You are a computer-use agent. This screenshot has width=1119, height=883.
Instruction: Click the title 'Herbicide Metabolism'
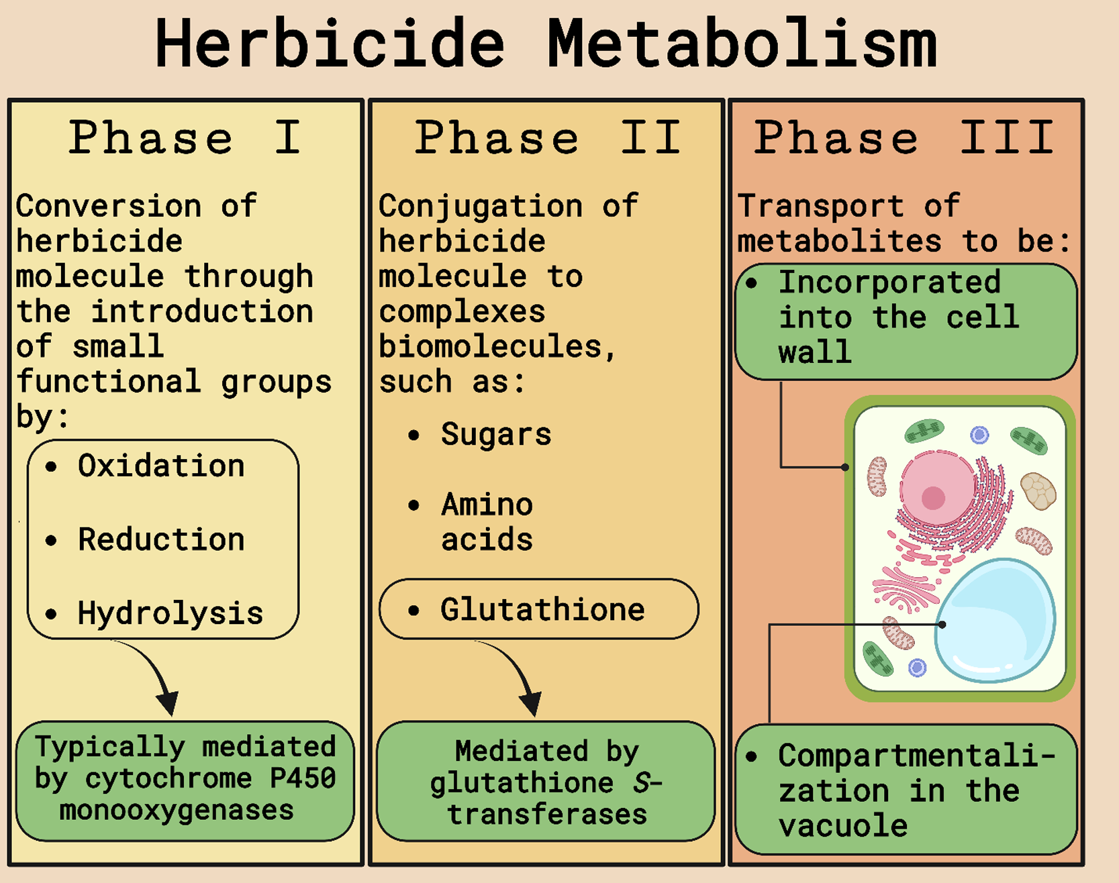pos(545,44)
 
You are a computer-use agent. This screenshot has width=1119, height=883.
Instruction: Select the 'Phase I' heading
pos(185,138)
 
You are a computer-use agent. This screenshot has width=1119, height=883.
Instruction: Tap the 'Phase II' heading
pos(547,138)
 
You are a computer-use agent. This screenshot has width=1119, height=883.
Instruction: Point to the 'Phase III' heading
pos(904,138)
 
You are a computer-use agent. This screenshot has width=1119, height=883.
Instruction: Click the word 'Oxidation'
pos(161,466)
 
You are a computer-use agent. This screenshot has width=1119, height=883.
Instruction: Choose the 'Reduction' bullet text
pos(161,540)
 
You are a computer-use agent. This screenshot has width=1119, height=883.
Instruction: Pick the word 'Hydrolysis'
pos(170,613)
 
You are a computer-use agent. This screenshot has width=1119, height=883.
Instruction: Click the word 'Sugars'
pos(496,435)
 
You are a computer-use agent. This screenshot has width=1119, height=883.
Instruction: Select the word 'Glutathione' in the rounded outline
pos(542,610)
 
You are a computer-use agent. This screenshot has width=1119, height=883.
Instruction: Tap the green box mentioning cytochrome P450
pos(185,780)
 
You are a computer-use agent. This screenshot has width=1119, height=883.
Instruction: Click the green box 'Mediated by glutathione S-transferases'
pos(546,782)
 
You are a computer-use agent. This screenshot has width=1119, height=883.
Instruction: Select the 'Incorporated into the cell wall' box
pos(906,321)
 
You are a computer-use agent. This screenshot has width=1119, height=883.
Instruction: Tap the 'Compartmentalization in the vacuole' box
pos(906,790)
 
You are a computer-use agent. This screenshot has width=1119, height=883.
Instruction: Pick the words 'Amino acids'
pos(487,522)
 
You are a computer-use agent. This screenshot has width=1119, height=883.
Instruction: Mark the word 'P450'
pos(303,778)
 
